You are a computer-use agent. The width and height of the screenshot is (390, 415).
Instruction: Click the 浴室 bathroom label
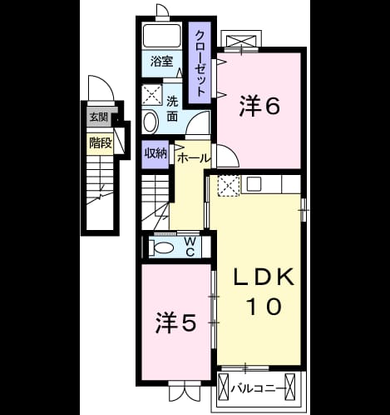point(161,62)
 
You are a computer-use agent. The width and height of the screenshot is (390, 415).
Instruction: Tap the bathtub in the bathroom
point(162,37)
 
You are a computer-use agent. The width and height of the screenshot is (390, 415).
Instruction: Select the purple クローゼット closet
point(200,62)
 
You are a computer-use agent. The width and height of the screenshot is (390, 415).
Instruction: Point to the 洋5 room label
point(176,322)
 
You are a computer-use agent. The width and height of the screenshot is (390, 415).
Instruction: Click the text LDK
point(264,277)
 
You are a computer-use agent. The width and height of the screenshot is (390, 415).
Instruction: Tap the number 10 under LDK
point(264,306)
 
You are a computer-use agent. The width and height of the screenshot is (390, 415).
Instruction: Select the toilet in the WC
point(161,247)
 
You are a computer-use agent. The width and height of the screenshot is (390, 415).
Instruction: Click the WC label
point(190,247)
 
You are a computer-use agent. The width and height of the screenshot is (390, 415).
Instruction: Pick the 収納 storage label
point(156,153)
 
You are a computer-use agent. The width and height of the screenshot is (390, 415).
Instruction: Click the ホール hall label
point(193,158)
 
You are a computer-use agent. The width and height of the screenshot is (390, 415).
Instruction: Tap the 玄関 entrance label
point(98,117)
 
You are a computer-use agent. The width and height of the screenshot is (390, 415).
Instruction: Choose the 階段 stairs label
point(101,143)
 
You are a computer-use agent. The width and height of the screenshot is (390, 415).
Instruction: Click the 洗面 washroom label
point(172,109)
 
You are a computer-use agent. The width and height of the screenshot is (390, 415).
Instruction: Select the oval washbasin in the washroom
point(151,122)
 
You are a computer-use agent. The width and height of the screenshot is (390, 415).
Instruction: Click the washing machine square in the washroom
point(152,95)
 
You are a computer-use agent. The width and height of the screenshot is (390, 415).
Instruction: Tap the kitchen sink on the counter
point(254,183)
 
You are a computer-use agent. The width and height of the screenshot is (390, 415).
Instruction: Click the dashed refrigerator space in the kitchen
point(229,186)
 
